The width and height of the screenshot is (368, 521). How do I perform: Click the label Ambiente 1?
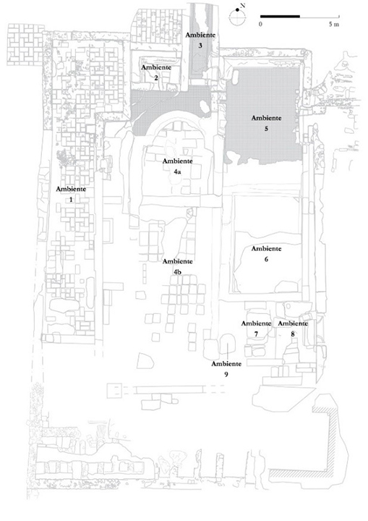click(71, 195)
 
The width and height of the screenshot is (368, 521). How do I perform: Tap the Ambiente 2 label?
click(156, 73)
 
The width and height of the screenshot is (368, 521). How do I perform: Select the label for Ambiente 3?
click(200, 41)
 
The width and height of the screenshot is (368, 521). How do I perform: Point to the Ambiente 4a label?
click(177, 166)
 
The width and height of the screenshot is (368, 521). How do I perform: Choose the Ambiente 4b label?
click(177, 267)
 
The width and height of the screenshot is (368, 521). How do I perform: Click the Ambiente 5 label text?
click(266, 123)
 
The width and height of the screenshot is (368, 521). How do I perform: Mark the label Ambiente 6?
click(266, 254)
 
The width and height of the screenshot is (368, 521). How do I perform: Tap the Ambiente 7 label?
click(256, 329)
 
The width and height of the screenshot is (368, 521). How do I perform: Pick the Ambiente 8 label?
click(293, 329)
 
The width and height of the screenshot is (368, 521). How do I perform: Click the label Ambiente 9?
click(226, 369)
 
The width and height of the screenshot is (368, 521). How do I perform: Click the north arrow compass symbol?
click(237, 16)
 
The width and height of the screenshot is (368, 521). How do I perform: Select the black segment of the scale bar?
click(280, 16)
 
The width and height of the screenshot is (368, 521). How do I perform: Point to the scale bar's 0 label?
click(261, 25)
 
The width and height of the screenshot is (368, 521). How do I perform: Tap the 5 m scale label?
click(334, 25)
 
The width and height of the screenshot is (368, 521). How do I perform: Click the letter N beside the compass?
click(242, 6)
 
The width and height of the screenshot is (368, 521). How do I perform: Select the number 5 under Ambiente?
click(266, 129)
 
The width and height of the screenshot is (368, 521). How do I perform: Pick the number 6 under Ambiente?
click(266, 259)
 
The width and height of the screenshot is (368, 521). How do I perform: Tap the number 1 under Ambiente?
click(70, 200)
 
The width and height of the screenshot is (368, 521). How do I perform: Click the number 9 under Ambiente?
click(226, 375)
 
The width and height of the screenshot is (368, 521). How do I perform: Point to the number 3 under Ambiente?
click(200, 46)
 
